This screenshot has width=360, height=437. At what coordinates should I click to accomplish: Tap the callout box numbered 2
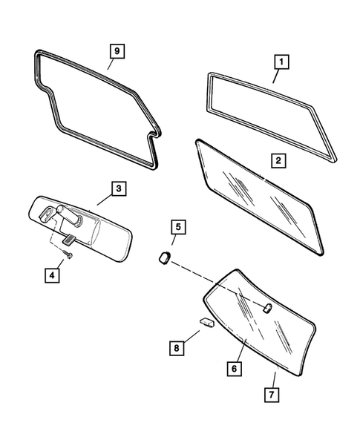[x=278, y=159]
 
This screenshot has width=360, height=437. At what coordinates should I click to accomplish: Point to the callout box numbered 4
[x=50, y=276]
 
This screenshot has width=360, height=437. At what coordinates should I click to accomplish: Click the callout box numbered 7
[x=272, y=392]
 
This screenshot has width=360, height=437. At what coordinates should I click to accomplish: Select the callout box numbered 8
[x=177, y=346]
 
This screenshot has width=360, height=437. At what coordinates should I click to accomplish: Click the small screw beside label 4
[x=68, y=255]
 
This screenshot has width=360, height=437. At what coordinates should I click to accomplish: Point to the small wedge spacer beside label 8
[x=206, y=322]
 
